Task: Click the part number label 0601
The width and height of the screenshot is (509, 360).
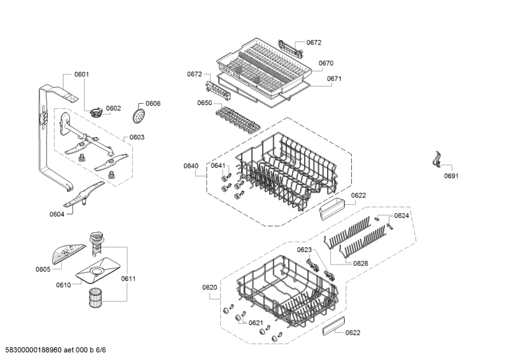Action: (x=81, y=74)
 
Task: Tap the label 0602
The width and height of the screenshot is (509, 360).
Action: (x=113, y=108)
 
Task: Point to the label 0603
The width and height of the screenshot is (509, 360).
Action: (x=137, y=137)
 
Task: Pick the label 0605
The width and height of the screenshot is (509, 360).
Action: (x=43, y=269)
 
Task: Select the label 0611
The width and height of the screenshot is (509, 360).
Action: (x=129, y=279)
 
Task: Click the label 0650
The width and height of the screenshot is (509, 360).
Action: (x=204, y=102)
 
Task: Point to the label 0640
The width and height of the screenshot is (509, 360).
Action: (x=191, y=166)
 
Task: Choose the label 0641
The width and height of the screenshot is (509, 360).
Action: (x=218, y=165)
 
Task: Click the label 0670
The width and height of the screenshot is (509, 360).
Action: (x=326, y=63)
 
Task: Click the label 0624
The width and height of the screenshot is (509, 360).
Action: (x=401, y=216)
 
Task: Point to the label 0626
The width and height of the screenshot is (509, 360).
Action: (x=361, y=263)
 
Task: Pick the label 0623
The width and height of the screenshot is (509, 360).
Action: (x=305, y=249)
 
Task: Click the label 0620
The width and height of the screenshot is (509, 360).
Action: (x=210, y=287)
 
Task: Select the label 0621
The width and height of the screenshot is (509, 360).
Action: (x=256, y=322)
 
